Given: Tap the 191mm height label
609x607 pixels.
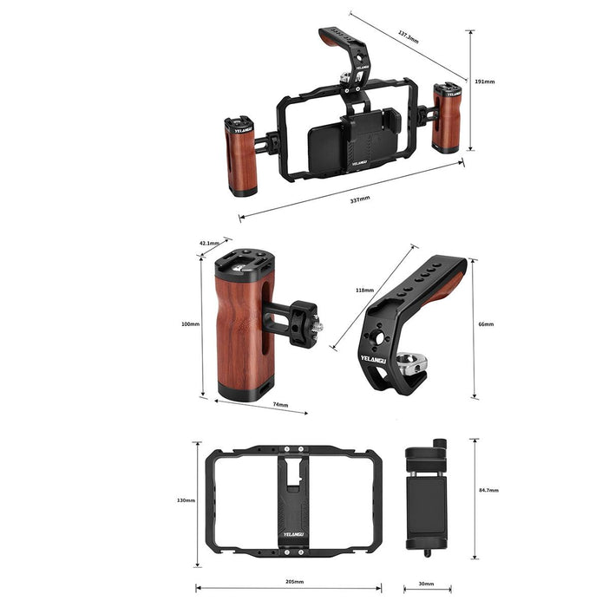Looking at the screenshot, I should [485, 82].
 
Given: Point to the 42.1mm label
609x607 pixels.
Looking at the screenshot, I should [209, 243].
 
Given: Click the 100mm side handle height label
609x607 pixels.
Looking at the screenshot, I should [190, 323].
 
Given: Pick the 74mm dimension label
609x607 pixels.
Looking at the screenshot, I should [279, 405].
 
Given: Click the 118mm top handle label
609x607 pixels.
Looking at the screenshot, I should [364, 290].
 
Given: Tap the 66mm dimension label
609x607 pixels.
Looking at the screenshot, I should [486, 324].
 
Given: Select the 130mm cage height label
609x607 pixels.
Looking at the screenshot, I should [186, 500].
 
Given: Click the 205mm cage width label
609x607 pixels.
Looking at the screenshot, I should [294, 582].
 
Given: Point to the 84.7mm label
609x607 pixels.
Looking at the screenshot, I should [488, 490].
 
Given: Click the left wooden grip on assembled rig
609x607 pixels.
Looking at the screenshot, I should [241, 158].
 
